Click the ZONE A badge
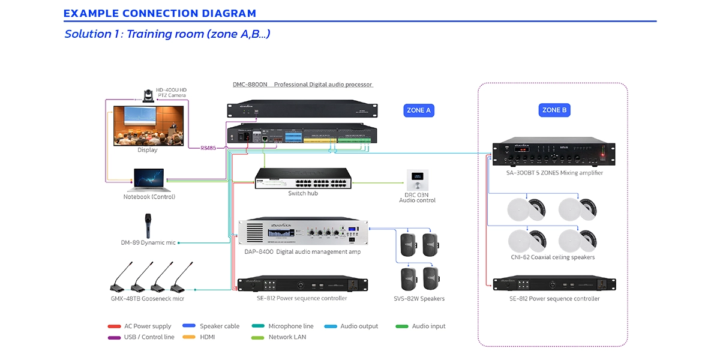click(418, 110)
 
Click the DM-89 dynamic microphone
click(148, 226)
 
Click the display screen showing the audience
click(148, 125)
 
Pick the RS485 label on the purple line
click(209, 147)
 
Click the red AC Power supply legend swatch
click(114, 326)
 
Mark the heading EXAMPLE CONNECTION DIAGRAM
click(160, 13)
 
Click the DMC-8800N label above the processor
click(250, 85)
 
